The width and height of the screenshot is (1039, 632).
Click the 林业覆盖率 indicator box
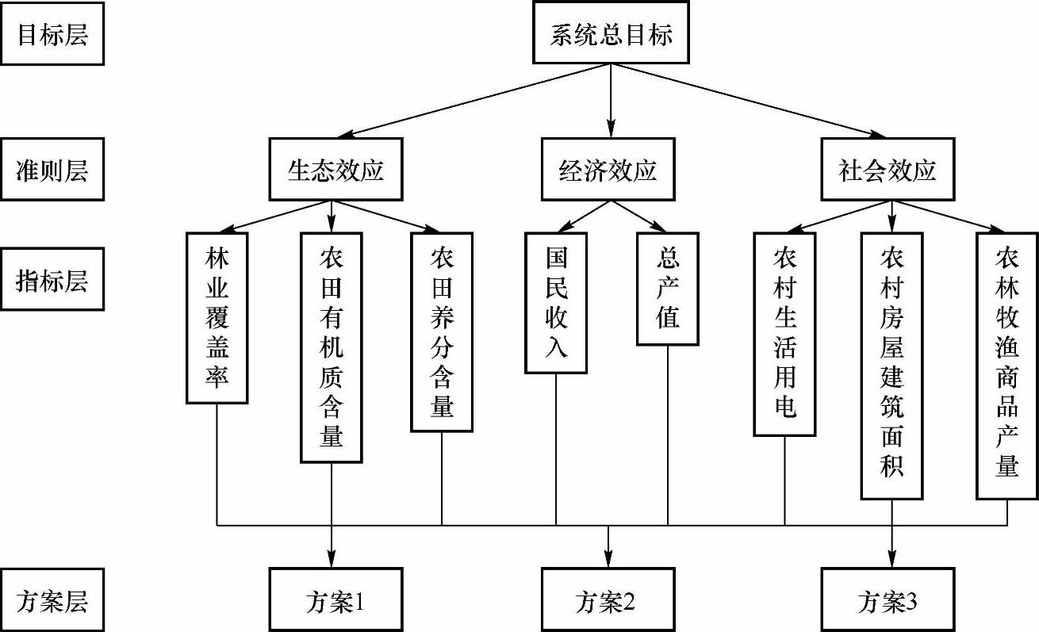point(217,317)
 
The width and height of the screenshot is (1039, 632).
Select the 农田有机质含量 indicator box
point(332,347)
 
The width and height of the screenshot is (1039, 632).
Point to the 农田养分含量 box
point(442,331)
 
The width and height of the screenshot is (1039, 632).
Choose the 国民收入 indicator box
point(556,302)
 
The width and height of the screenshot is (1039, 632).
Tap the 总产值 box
point(668,289)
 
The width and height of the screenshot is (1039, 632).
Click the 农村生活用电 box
point(784,333)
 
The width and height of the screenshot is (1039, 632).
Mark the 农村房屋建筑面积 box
point(891,365)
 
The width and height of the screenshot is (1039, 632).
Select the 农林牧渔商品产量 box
point(1007,365)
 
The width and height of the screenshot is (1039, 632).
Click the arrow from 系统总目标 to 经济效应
point(610,99)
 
